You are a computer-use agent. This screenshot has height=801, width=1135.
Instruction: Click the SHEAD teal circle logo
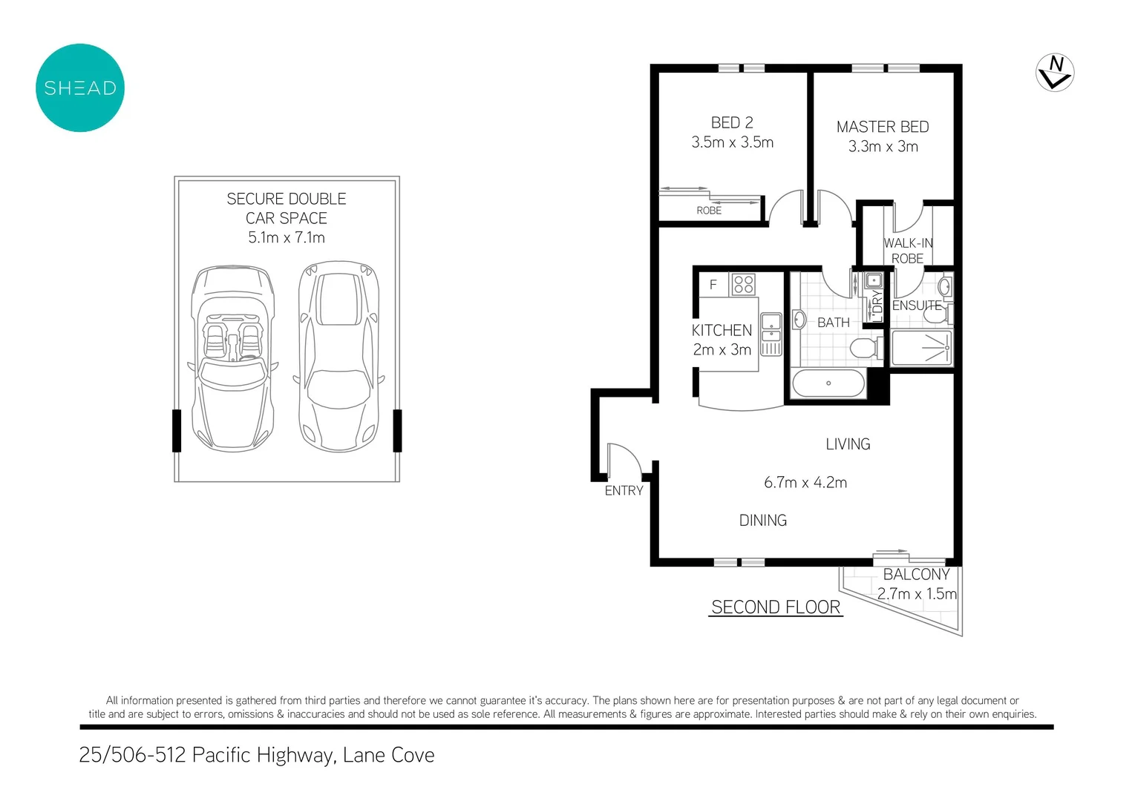coord(80,88)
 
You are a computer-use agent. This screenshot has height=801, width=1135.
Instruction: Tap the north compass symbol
coord(1055,73)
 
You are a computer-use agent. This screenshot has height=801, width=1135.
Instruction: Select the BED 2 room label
coord(732,123)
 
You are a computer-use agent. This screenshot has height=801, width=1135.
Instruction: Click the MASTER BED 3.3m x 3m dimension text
coord(883,147)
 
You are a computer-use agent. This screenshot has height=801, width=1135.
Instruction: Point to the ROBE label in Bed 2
coord(709,211)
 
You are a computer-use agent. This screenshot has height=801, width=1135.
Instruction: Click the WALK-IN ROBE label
coord(908,251)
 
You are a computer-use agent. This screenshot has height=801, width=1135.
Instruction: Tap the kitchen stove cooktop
coord(743,285)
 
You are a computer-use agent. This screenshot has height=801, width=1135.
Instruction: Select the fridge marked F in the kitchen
coord(713,285)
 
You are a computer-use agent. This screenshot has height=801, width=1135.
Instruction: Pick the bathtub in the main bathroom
coord(828,383)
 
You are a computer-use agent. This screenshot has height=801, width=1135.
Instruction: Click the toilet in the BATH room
coord(866,348)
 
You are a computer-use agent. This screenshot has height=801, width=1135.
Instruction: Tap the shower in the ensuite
coord(921,348)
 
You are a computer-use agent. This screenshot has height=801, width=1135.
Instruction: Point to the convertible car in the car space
coord(233,358)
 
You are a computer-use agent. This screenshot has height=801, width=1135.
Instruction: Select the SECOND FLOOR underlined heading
coord(776,607)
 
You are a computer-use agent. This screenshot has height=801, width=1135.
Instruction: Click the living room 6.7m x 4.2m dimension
coord(805,483)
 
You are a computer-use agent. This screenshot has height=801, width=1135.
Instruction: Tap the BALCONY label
coord(916,575)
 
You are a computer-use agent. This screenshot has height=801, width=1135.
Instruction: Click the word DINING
coord(763,521)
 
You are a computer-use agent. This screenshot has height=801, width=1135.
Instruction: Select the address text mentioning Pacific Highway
coord(257,755)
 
